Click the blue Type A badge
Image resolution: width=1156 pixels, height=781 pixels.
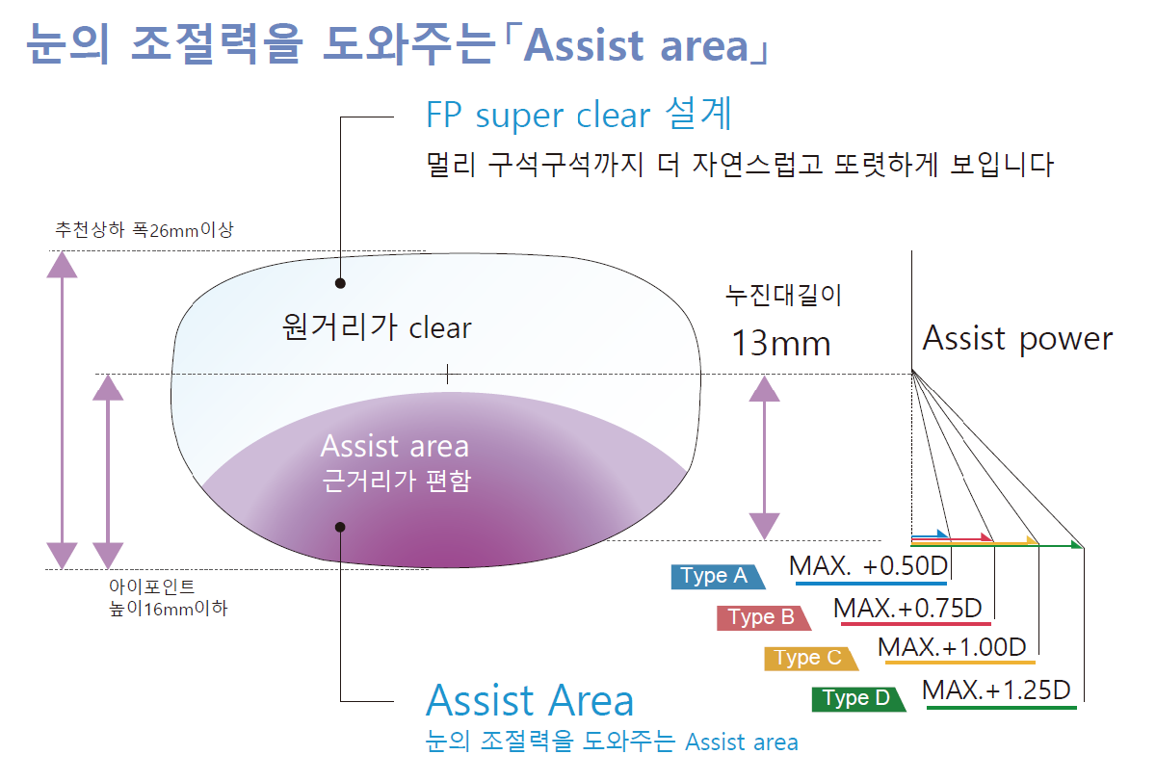[718, 577]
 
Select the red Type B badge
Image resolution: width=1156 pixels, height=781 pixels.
[764, 618]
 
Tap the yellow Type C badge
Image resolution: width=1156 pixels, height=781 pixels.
[811, 659]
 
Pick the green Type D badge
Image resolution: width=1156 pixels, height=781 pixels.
[858, 699]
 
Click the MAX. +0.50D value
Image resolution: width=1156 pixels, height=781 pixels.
[869, 566]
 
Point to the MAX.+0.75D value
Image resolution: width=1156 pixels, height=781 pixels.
[907, 608]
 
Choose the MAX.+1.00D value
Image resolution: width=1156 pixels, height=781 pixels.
[952, 647]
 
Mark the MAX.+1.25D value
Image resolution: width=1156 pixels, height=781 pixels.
[996, 690]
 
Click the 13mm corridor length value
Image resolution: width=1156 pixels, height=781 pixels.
[781, 343]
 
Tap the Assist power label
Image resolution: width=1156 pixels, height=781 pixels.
[1017, 339]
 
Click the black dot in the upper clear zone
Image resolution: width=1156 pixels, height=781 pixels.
[340, 283]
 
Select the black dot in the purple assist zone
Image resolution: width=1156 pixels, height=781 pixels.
[340, 527]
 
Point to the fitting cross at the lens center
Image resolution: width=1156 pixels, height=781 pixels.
[447, 374]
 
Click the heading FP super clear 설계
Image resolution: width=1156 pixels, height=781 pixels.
[579, 115]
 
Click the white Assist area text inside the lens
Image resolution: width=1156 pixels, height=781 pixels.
[395, 446]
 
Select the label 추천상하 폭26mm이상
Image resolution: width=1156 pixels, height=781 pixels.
[144, 229]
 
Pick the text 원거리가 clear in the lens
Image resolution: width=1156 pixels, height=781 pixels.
[377, 327]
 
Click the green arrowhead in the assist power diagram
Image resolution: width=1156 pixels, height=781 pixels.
[1078, 545]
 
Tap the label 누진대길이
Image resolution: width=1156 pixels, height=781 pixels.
[783, 295]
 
